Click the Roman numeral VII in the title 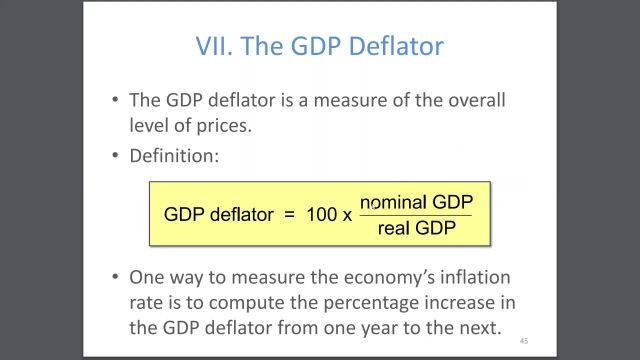tap(211, 46)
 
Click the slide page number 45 tap(523, 340)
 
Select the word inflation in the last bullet tap(474, 277)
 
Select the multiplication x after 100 tap(347, 215)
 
